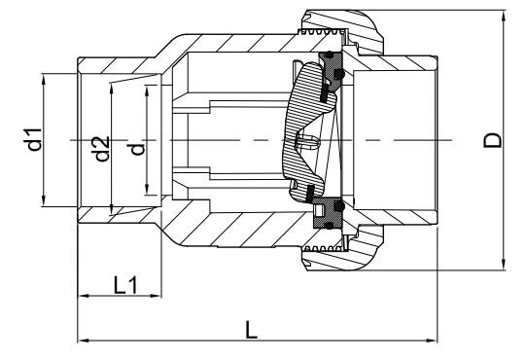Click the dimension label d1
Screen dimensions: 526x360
click(33, 139)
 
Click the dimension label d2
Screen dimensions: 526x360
click(101, 149)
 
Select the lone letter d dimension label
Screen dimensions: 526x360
click(137, 149)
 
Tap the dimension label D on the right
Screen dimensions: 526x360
click(493, 140)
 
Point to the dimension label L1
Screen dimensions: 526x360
click(125, 285)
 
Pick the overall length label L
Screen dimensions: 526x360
click(251, 330)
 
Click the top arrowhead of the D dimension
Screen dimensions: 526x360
click(504, 17)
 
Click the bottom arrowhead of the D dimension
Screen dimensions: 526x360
click(504, 265)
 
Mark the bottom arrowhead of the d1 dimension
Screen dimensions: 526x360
click(44, 200)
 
